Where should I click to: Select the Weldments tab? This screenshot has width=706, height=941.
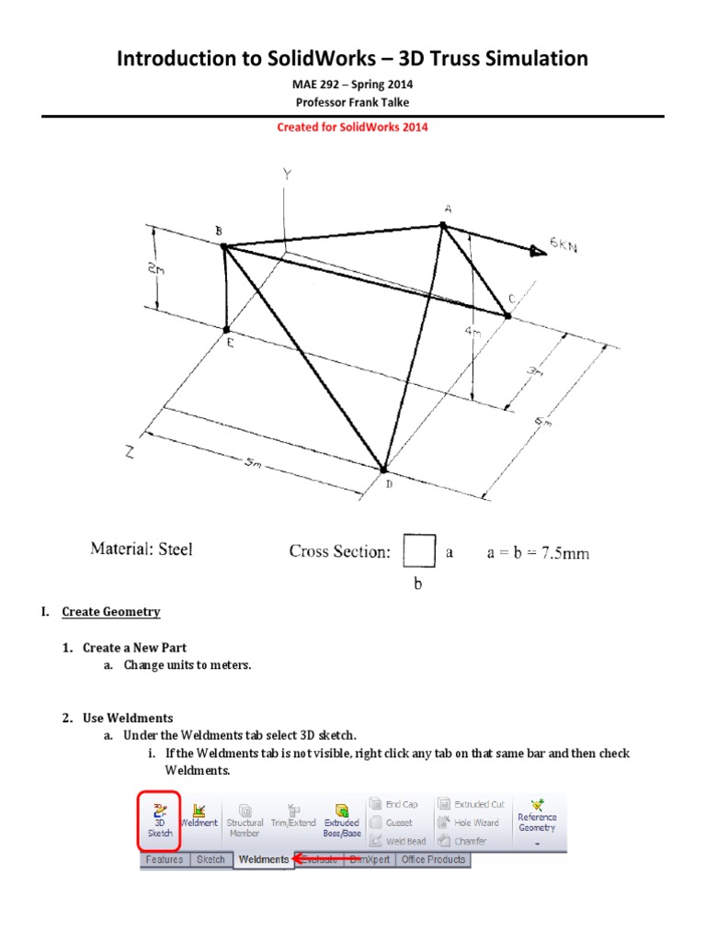point(262,860)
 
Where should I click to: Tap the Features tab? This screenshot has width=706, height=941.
point(164,860)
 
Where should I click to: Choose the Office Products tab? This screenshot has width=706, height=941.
point(432,860)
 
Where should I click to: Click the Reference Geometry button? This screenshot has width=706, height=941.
point(537,819)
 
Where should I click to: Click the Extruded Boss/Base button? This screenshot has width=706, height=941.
point(341,819)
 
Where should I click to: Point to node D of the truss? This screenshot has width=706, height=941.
point(384,469)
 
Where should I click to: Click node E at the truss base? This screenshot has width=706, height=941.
point(227,328)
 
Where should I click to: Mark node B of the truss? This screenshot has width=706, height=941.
point(223,245)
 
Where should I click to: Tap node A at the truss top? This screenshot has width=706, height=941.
point(443,224)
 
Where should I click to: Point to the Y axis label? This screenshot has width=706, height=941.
point(288,174)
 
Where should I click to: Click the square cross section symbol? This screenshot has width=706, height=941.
point(419,552)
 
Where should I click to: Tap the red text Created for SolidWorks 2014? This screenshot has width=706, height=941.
point(353,127)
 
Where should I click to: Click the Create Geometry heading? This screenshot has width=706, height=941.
point(111,612)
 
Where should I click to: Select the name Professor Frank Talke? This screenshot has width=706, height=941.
point(353,101)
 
